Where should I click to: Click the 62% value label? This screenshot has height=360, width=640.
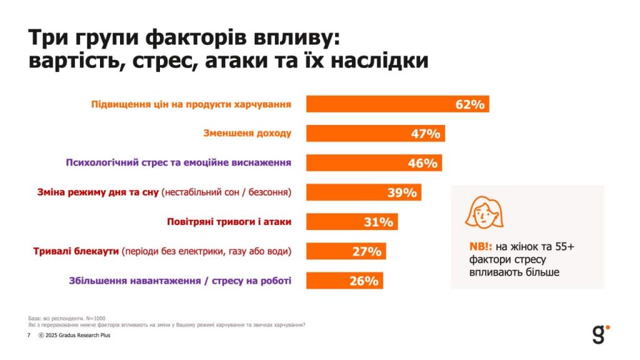point(470,104)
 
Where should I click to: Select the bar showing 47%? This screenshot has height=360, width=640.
point(375,134)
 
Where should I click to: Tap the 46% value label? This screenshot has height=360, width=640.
point(422,163)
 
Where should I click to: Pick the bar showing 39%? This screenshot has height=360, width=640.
point(363,192)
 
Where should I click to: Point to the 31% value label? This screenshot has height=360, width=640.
point(378,222)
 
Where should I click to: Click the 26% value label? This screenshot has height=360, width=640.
point(364,281)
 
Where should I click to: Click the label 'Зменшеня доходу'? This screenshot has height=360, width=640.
point(247,133)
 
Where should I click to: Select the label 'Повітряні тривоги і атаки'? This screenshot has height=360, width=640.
point(229,221)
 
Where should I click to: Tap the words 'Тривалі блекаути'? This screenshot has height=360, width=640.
point(76,251)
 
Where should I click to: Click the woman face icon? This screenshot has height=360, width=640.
point(479,212)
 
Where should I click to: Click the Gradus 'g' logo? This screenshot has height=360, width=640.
point(599,334)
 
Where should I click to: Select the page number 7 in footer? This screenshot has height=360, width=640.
point(29,336)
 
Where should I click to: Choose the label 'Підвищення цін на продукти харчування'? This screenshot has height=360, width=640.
point(191,104)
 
